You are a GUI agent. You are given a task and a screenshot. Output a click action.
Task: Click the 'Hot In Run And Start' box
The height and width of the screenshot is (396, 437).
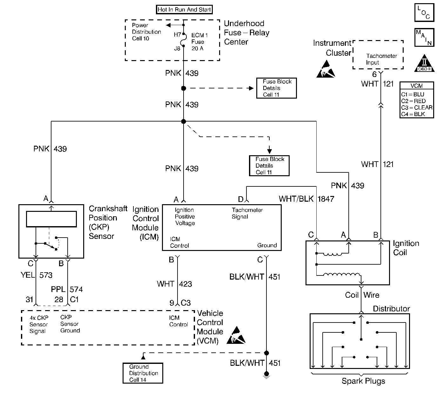pos(184,10)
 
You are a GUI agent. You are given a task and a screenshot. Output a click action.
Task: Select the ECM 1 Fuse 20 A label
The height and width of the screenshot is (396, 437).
pos(199,42)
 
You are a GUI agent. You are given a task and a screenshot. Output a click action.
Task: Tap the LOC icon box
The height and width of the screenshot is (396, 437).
pos(424,13)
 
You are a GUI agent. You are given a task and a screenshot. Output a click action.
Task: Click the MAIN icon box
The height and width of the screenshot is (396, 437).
pos(424,37)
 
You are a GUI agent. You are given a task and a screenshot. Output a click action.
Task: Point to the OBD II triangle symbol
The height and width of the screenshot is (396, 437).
pos(424,64)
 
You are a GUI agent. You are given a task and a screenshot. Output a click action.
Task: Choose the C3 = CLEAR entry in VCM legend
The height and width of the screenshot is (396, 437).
pos(417,108)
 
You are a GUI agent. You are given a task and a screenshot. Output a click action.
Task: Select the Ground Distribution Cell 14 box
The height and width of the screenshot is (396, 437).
pos(143,373)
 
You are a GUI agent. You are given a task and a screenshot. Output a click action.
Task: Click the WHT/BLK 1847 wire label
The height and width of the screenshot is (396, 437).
pos(306,199)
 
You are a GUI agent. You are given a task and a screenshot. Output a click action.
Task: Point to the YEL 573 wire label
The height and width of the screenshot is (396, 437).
pos(36,275)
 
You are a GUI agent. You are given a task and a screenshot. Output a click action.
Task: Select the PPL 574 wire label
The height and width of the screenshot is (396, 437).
pos(67,289)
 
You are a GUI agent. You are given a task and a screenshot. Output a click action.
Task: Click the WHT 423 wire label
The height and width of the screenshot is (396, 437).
pos(174,284)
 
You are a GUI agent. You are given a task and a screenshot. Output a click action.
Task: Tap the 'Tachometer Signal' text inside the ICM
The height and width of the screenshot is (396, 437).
pos(247,213)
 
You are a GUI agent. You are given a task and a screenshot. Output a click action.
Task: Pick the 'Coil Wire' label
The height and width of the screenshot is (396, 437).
pos(362,295)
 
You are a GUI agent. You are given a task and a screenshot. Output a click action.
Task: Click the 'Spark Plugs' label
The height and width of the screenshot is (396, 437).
pos(363,381)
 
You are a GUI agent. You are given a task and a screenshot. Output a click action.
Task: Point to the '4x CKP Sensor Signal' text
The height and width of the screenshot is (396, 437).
pos(38,324)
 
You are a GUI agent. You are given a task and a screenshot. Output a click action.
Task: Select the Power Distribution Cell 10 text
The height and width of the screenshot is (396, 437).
pos(146,32)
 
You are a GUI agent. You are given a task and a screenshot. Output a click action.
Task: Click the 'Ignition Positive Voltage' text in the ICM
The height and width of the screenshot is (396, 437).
pos(185,217)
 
